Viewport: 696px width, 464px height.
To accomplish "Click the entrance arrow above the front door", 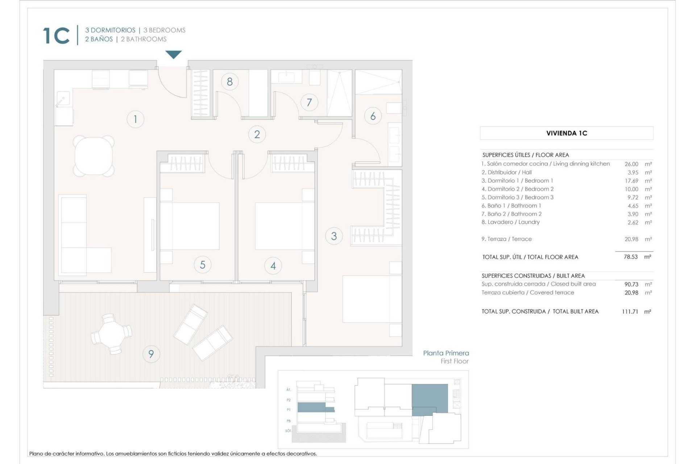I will point(174,55).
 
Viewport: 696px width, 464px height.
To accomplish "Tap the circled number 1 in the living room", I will point(135,119).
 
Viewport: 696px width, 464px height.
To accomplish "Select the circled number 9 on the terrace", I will point(151,353).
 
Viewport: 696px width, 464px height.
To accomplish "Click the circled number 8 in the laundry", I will point(229,82).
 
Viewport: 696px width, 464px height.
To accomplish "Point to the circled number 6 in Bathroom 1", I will point(373,116).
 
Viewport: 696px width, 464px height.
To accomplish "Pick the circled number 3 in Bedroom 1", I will point(334,236).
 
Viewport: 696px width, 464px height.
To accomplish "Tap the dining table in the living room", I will point(94,155).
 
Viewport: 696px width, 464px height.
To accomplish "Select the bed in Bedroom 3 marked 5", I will point(190,226).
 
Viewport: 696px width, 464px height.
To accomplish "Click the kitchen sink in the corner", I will point(63,99).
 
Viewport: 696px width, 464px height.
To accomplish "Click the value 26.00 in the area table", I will point(631,164).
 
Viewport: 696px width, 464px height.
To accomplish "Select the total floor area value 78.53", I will point(630,257).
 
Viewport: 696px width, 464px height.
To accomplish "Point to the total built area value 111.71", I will point(630,311).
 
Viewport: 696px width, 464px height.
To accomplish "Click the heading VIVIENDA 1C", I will point(566,133).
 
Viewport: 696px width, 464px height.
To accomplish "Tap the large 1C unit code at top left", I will point(56,36).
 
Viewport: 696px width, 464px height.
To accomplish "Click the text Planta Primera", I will point(446,353).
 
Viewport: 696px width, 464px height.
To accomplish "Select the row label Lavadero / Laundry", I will point(510,222).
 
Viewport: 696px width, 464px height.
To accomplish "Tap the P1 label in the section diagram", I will point(289,410).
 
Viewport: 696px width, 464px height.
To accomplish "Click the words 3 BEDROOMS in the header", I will point(164,30).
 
